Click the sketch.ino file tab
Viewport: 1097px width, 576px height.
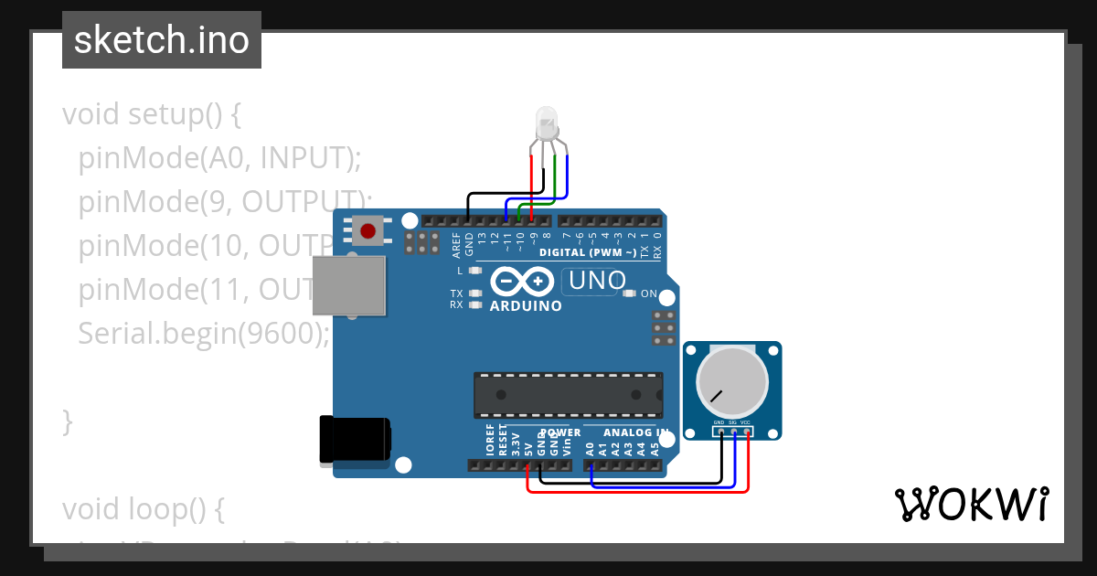tap(161, 40)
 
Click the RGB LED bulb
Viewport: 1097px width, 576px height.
tap(547, 119)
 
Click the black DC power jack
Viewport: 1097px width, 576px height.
tap(354, 440)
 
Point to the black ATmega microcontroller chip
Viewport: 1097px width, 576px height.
tap(568, 394)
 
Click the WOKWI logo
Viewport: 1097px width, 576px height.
tap(971, 504)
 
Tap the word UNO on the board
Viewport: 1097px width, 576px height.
tap(598, 281)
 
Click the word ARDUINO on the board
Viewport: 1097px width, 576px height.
tap(526, 306)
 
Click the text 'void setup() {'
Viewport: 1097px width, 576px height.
tap(152, 114)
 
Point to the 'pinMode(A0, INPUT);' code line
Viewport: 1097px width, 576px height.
tap(220, 158)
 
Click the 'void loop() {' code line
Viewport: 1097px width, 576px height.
tap(143, 508)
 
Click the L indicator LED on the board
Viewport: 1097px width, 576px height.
tap(474, 271)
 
